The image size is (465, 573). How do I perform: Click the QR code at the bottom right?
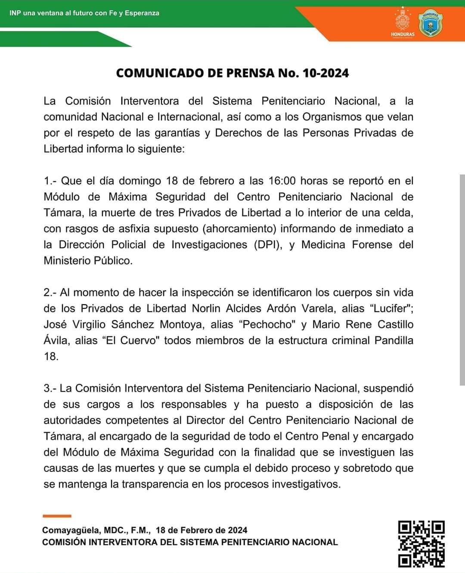(421, 544)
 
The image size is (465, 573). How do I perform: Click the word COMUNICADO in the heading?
(160, 73)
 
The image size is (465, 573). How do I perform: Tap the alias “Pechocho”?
(269, 324)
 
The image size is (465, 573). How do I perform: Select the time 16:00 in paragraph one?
(282, 181)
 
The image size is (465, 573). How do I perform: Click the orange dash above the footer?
(57, 516)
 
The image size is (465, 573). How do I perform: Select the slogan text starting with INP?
(84, 13)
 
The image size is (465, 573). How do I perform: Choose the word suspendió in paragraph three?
(388, 388)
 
